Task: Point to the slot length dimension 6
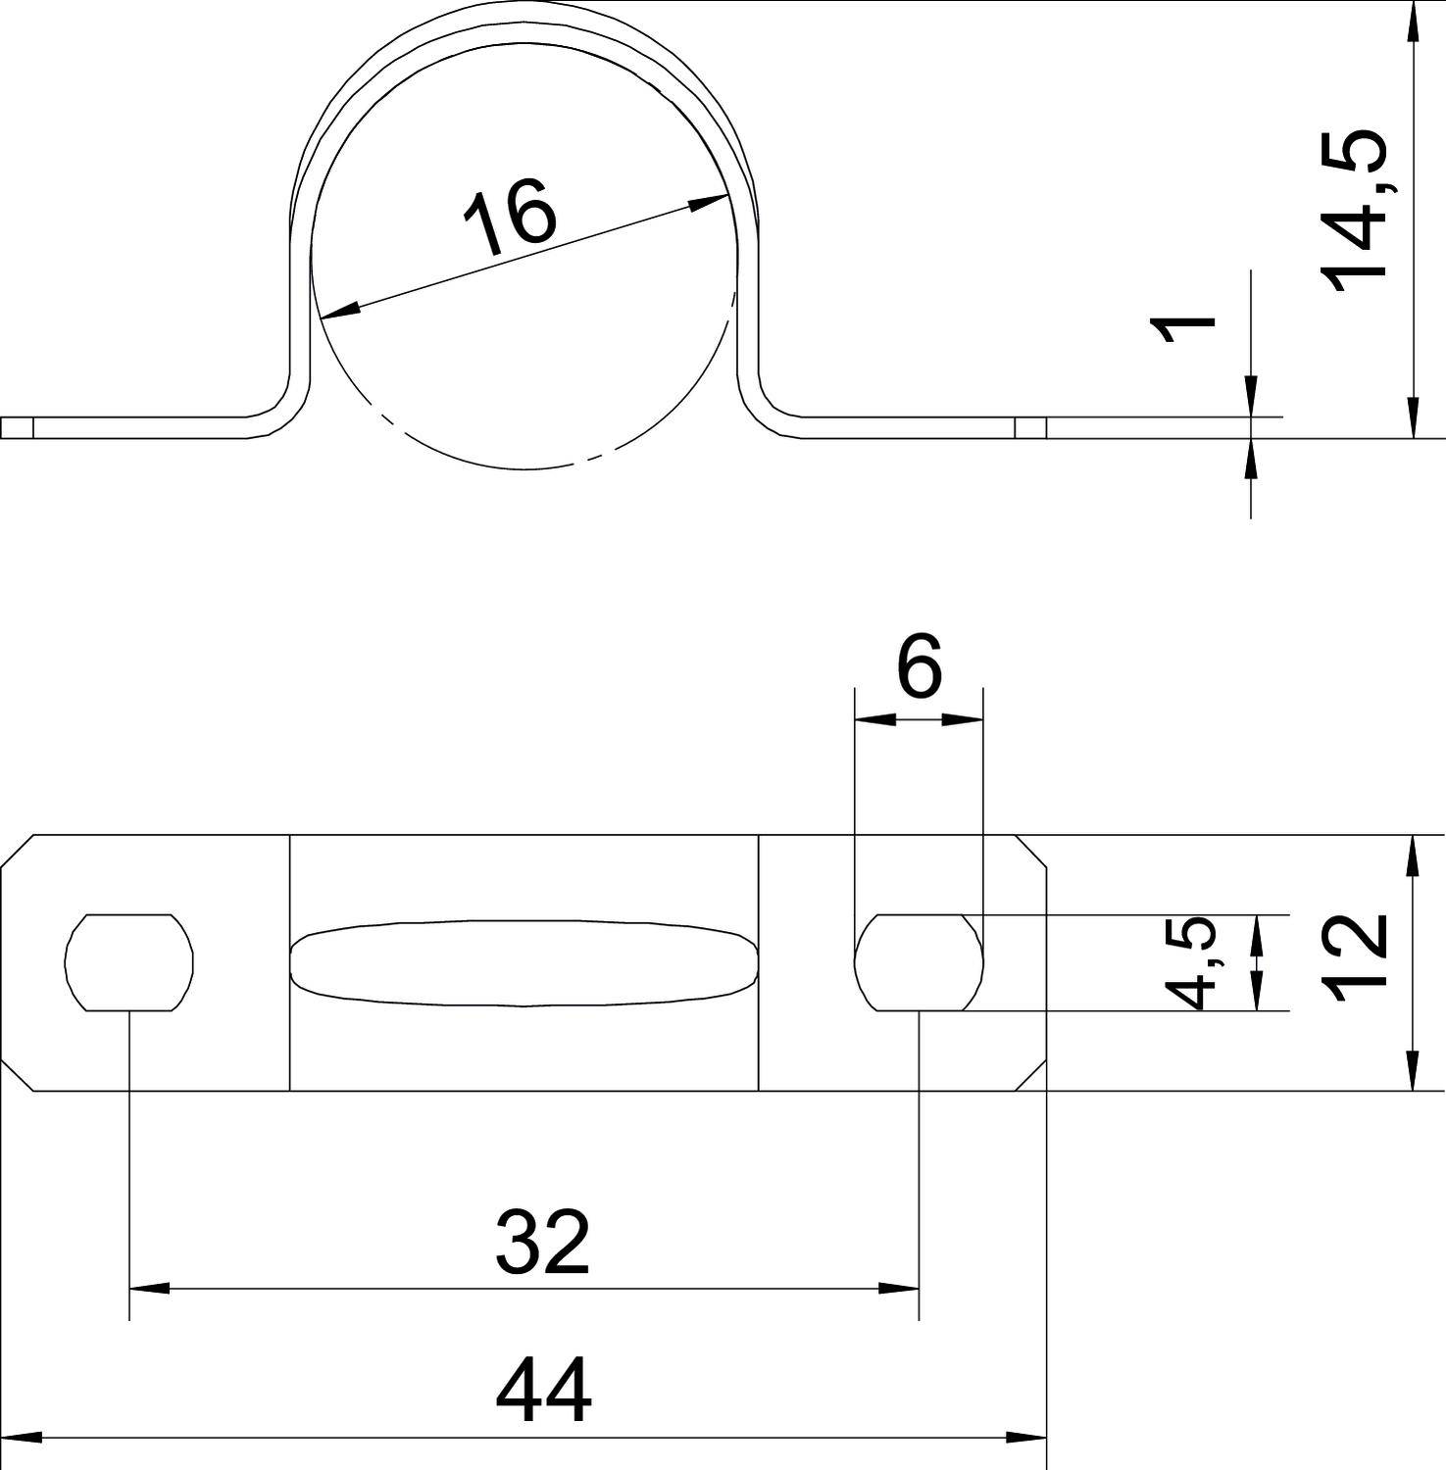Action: (919, 665)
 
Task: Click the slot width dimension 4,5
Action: (1194, 962)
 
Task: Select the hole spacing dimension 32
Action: (542, 1243)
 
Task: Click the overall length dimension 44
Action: (543, 1391)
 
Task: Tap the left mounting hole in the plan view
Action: (129, 962)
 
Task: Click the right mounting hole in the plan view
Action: (919, 962)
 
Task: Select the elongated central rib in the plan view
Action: (524, 962)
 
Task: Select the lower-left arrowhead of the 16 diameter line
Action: (339, 311)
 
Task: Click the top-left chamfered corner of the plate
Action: (18, 852)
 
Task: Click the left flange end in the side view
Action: (18, 428)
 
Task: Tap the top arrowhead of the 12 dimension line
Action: (1413, 856)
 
